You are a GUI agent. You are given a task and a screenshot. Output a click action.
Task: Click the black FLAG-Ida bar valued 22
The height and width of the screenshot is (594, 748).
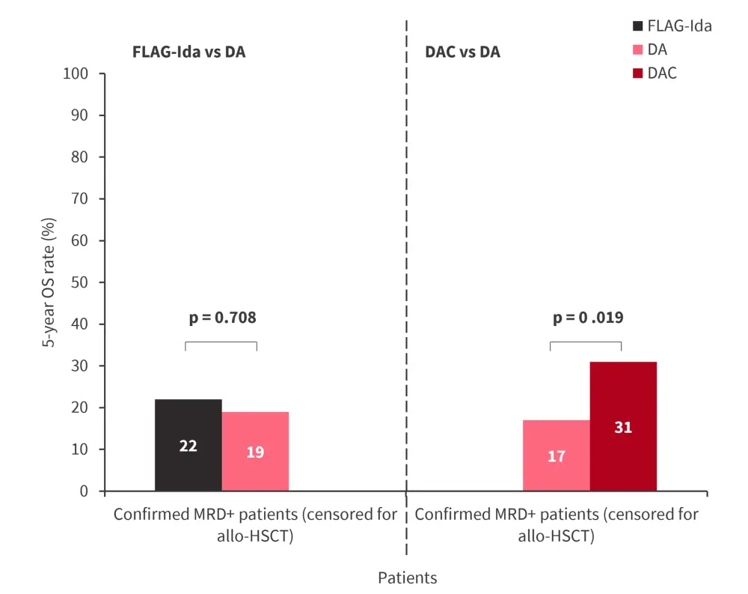188,445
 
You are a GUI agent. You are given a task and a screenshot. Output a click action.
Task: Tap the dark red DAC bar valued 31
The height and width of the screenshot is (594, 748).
623,426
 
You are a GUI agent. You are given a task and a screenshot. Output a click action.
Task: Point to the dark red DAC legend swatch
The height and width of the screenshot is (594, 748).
637,73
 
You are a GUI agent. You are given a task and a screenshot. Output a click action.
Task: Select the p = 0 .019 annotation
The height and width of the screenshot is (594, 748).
587,318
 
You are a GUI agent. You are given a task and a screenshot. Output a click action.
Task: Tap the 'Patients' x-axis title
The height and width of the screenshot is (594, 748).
407,578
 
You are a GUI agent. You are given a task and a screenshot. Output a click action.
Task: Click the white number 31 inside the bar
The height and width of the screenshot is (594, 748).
623,428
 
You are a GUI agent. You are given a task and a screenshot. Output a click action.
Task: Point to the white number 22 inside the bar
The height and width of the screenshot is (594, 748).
188,446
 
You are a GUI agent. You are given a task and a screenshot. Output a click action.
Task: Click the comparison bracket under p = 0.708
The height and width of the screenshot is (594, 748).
221,342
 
